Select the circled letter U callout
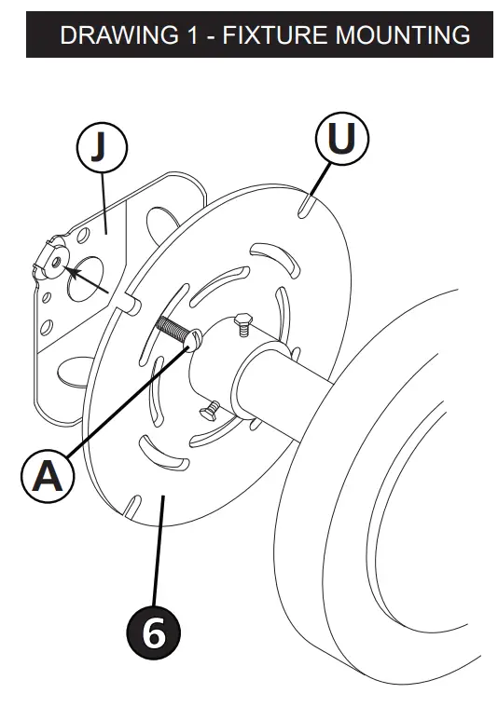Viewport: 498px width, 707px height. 341,140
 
